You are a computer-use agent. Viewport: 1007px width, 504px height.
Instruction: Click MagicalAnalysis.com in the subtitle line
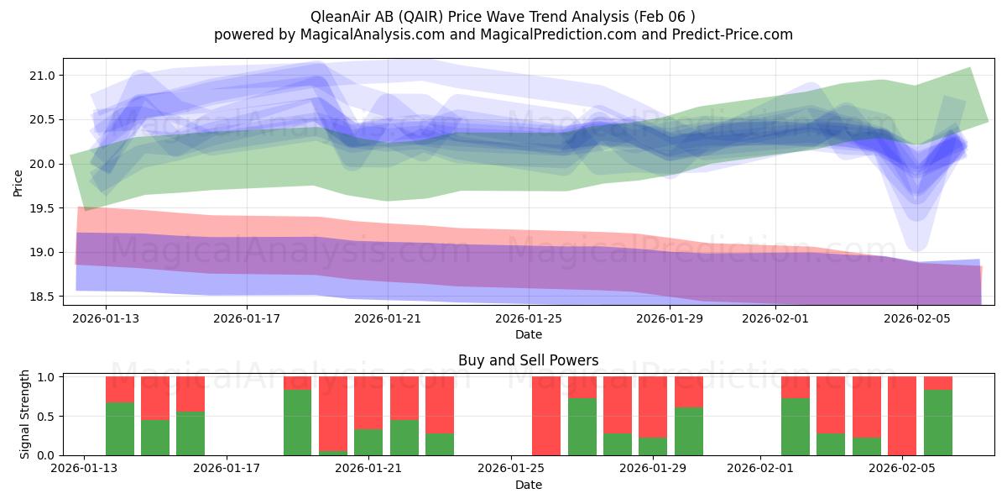pyautogui.click(x=373, y=34)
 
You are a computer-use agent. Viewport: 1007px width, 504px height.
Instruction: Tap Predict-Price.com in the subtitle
pyautogui.click(x=733, y=34)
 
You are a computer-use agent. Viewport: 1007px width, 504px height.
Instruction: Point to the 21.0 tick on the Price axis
pyautogui.click(x=42, y=76)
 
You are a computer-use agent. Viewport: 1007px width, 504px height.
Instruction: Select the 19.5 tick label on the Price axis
pyautogui.click(x=42, y=208)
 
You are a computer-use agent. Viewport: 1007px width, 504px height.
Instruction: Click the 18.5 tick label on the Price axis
pyautogui.click(x=42, y=297)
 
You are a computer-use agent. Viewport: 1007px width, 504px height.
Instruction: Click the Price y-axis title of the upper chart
pyautogui.click(x=18, y=184)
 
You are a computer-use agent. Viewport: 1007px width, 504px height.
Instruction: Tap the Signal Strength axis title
pyautogui.click(x=24, y=414)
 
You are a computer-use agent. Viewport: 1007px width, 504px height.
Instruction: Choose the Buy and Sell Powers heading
pyautogui.click(x=528, y=360)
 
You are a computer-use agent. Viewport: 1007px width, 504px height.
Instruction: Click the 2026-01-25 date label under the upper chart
pyautogui.click(x=529, y=318)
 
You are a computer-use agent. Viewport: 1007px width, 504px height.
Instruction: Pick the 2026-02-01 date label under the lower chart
pyautogui.click(x=760, y=468)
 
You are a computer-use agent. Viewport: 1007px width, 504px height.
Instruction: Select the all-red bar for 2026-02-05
pyautogui.click(x=902, y=416)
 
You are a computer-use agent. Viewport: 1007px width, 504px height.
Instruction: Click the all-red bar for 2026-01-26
pyautogui.click(x=546, y=416)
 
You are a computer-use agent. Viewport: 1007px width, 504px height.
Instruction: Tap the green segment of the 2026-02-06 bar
pyautogui.click(x=938, y=423)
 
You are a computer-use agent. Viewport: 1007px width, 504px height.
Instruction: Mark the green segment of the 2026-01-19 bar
pyautogui.click(x=297, y=423)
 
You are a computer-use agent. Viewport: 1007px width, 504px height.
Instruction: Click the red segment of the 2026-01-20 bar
pyautogui.click(x=333, y=413)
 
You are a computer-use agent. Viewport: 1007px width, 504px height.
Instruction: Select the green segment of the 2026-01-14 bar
pyautogui.click(x=119, y=429)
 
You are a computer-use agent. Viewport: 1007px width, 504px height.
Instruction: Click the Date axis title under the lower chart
pyautogui.click(x=529, y=485)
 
